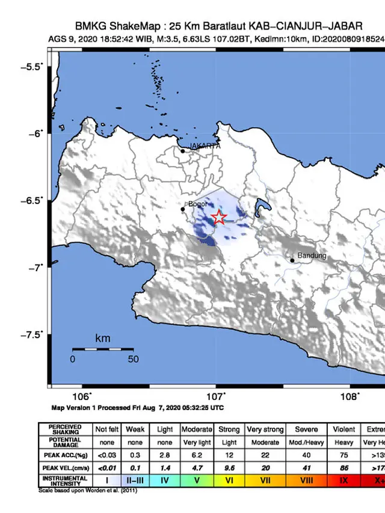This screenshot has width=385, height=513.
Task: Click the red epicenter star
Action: (x=220, y=218)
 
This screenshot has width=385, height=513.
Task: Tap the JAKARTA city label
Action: (x=205, y=146)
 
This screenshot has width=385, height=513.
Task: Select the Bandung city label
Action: (x=312, y=256)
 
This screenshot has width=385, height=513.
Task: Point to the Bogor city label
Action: (x=198, y=204)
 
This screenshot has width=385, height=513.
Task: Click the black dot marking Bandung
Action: (x=292, y=260)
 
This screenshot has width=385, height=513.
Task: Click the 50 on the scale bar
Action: (x=133, y=359)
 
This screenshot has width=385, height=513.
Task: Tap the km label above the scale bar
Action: (x=103, y=339)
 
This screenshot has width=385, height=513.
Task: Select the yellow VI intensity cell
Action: (x=229, y=480)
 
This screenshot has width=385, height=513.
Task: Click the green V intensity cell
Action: (x=197, y=480)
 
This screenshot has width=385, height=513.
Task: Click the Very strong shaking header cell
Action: (x=265, y=429)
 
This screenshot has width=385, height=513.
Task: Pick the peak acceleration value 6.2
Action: (x=197, y=455)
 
